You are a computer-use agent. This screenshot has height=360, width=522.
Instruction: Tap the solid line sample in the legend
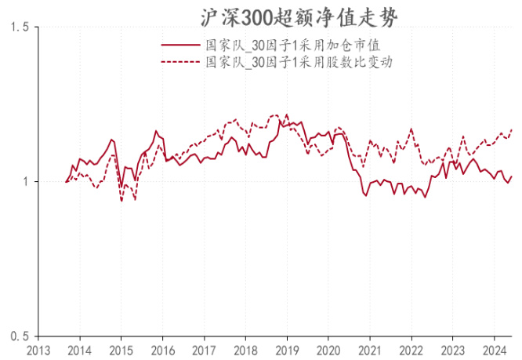(179, 46)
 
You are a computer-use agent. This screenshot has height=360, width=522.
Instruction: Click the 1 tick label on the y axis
(24, 182)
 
